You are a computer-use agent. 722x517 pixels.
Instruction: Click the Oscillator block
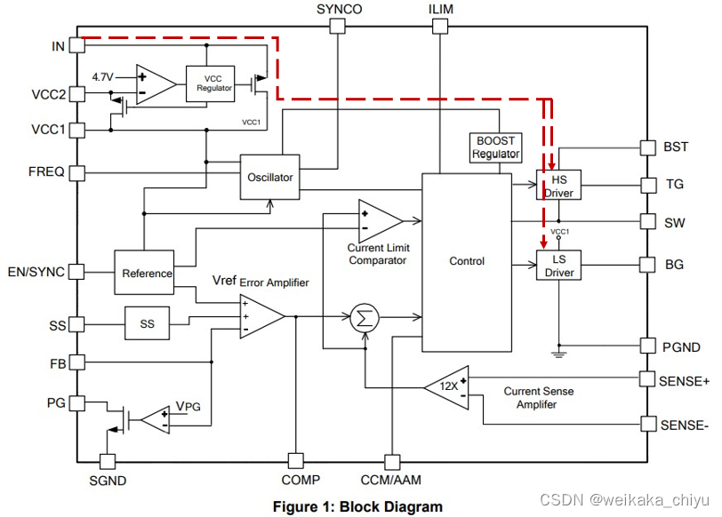[x=269, y=177]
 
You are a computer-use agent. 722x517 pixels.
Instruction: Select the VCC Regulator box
[x=211, y=84]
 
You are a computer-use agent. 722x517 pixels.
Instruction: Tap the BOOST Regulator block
[x=495, y=147]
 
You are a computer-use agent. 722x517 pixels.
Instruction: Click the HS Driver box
[x=558, y=185]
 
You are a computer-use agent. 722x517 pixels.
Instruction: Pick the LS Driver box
[x=558, y=265]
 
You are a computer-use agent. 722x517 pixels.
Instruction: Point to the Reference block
[x=144, y=273]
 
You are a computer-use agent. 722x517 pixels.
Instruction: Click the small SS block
[x=147, y=323]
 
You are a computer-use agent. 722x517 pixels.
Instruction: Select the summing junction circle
[x=365, y=318]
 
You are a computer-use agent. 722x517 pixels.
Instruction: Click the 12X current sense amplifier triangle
[x=446, y=387]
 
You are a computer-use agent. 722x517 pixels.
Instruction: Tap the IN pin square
[x=76, y=45]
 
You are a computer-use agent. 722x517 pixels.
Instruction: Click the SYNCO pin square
[x=338, y=26]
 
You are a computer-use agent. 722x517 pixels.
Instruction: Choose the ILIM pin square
[x=440, y=26]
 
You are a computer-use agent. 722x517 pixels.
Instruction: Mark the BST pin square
[x=648, y=147]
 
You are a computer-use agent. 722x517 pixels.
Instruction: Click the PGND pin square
[x=648, y=346]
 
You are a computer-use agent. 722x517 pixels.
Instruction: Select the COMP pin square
[x=295, y=461]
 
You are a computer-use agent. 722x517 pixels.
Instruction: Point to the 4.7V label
[x=102, y=76]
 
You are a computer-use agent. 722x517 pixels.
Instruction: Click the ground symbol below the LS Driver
[x=559, y=354]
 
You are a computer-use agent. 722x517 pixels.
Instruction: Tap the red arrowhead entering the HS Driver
[x=551, y=165]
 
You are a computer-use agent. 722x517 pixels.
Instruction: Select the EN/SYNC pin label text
[x=36, y=272]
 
